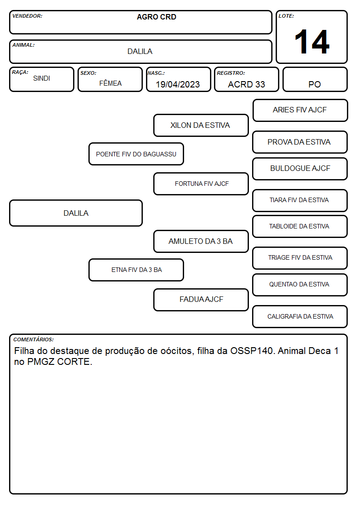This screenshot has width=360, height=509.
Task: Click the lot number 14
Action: click(x=312, y=42)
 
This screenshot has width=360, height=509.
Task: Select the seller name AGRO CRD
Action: click(x=156, y=17)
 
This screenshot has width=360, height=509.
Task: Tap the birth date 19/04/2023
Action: click(x=178, y=84)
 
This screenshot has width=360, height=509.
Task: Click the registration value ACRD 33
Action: click(x=246, y=84)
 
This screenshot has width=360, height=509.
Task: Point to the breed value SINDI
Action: click(x=42, y=78)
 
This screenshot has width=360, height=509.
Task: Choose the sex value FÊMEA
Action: click(x=110, y=83)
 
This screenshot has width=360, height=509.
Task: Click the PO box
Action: click(x=315, y=79)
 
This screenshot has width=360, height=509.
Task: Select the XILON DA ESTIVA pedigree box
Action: click(x=201, y=125)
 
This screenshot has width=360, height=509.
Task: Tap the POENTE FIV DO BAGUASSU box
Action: click(x=136, y=154)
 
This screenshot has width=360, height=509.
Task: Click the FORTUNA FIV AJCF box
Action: click(x=201, y=184)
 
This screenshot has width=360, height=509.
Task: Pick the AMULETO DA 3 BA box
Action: click(x=201, y=241)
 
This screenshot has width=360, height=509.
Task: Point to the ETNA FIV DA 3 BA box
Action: click(x=136, y=270)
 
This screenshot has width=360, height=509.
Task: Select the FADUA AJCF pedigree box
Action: click(x=201, y=300)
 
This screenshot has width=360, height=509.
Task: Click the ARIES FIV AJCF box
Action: click(x=300, y=111)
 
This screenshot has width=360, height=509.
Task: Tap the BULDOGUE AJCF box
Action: click(x=300, y=169)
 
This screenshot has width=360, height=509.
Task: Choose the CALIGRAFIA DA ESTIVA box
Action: click(x=300, y=316)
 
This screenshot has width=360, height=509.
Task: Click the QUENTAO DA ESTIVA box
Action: click(x=300, y=285)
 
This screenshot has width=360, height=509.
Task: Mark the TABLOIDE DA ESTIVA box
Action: click(x=300, y=226)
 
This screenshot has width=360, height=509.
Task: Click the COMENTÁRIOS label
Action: click(x=34, y=339)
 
